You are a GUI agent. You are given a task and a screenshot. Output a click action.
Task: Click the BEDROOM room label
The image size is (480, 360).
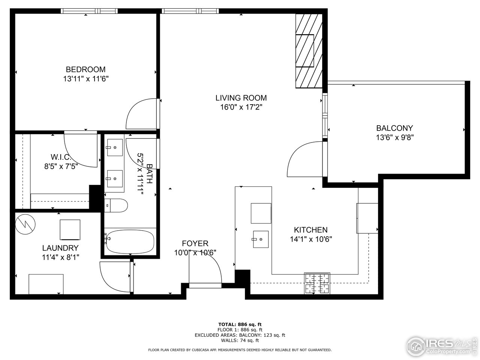pyautogui.click(x=85, y=69)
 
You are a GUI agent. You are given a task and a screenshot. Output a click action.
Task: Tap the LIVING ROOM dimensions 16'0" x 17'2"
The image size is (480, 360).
pyautogui.click(x=241, y=107)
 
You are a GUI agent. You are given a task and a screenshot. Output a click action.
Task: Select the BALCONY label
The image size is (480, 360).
pyautogui.click(x=394, y=128)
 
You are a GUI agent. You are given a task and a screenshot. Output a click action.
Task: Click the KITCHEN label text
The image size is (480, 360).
pyautogui.click(x=310, y=230)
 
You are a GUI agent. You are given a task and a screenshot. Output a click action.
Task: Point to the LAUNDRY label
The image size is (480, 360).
pyautogui.click(x=60, y=248)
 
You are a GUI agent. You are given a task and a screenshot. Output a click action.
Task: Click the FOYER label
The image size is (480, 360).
pyautogui.click(x=195, y=243)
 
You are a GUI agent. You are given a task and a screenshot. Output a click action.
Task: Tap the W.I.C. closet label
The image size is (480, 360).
pyautogui.click(x=61, y=157)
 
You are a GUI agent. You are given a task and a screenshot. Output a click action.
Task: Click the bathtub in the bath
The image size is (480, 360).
pyautogui.click(x=130, y=242)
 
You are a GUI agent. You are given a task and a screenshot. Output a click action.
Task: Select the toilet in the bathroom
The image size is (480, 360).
pyautogui.click(x=117, y=205)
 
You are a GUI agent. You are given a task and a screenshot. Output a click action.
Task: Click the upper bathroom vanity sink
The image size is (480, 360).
pyautogui.click(x=114, y=147)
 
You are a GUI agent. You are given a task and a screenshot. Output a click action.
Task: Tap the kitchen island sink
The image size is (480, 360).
pyautogui.click(x=261, y=239)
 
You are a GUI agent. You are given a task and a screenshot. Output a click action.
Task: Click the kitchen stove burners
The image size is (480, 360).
pyautogui.click(x=317, y=283)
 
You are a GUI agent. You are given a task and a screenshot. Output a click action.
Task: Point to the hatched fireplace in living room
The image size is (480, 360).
pyautogui.click(x=309, y=51)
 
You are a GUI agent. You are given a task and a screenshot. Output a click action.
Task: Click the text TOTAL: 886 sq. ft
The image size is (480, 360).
pyautogui.click(x=240, y=324)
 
